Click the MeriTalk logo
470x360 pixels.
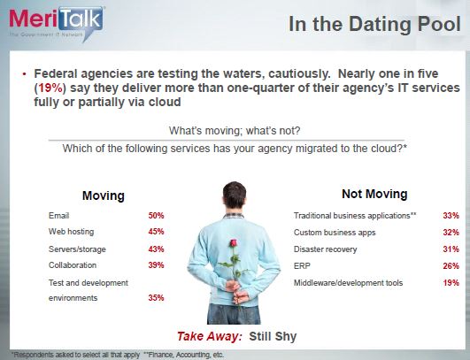[x=57, y=23]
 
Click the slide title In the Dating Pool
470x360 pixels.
[x=374, y=24]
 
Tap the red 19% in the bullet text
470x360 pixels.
[x=51, y=88]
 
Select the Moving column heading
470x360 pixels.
[x=104, y=195]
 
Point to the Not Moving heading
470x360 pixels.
[x=374, y=194]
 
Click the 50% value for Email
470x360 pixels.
[x=156, y=215]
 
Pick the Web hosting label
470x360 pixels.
[x=71, y=232]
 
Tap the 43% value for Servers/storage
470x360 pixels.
[x=156, y=249]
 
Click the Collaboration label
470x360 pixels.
[x=73, y=265]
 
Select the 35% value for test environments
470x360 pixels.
[x=156, y=298]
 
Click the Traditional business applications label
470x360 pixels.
[x=355, y=216]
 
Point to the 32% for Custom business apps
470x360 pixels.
[x=451, y=232]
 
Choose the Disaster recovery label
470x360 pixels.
[x=325, y=249]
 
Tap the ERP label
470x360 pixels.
[x=302, y=265]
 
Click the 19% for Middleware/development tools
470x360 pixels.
[x=451, y=282]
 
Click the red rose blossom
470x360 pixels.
[x=233, y=243]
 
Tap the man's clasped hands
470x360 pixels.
[x=237, y=292]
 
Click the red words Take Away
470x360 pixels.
[x=210, y=336]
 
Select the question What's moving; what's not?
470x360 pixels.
[x=235, y=131]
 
